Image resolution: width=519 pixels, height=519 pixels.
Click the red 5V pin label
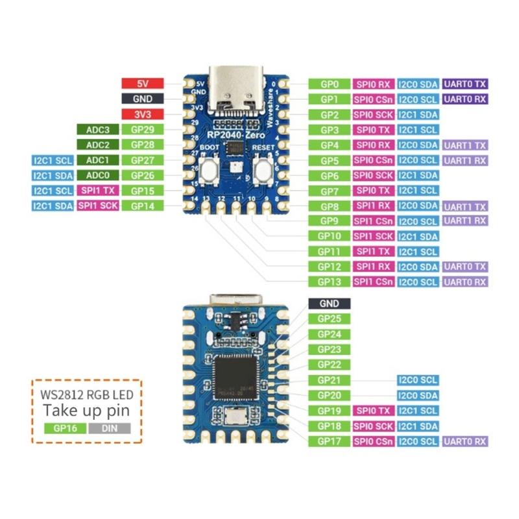click(x=142, y=84)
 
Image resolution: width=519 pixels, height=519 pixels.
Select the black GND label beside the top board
click(x=142, y=99)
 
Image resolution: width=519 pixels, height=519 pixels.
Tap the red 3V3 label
click(x=142, y=114)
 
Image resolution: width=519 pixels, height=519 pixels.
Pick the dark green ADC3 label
click(x=97, y=129)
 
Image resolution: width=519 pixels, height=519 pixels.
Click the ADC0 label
click(x=97, y=175)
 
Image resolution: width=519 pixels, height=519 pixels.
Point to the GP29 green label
click(x=142, y=129)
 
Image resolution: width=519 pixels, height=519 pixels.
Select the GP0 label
click(x=329, y=84)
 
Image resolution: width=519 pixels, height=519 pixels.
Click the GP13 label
click(x=329, y=282)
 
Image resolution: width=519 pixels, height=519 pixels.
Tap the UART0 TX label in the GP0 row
click(x=465, y=84)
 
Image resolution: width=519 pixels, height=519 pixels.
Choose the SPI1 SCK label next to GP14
click(x=97, y=206)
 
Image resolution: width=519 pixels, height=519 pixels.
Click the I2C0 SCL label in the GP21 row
click(x=417, y=380)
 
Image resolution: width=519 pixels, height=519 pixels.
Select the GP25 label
click(x=329, y=319)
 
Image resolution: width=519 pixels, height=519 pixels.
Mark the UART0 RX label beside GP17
click(x=465, y=441)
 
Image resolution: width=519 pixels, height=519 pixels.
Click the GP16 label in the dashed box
click(x=65, y=428)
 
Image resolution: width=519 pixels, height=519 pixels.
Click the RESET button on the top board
click(x=263, y=171)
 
